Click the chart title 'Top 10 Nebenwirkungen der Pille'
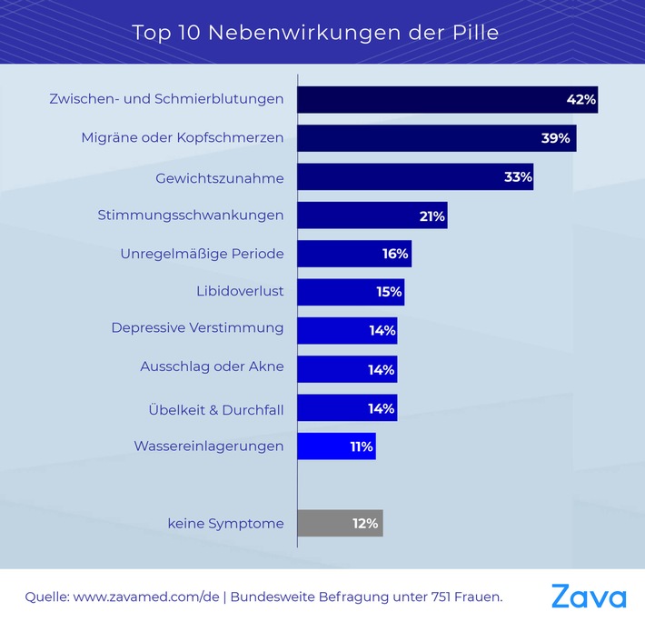click(315, 33)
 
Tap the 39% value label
click(556, 138)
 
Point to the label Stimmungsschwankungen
click(191, 216)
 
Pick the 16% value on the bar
click(395, 254)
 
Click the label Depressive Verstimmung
click(197, 327)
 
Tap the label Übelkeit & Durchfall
click(216, 409)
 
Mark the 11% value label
click(360, 446)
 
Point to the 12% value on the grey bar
click(365, 523)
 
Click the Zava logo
click(589, 597)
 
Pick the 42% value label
click(580, 99)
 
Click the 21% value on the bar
click(431, 216)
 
